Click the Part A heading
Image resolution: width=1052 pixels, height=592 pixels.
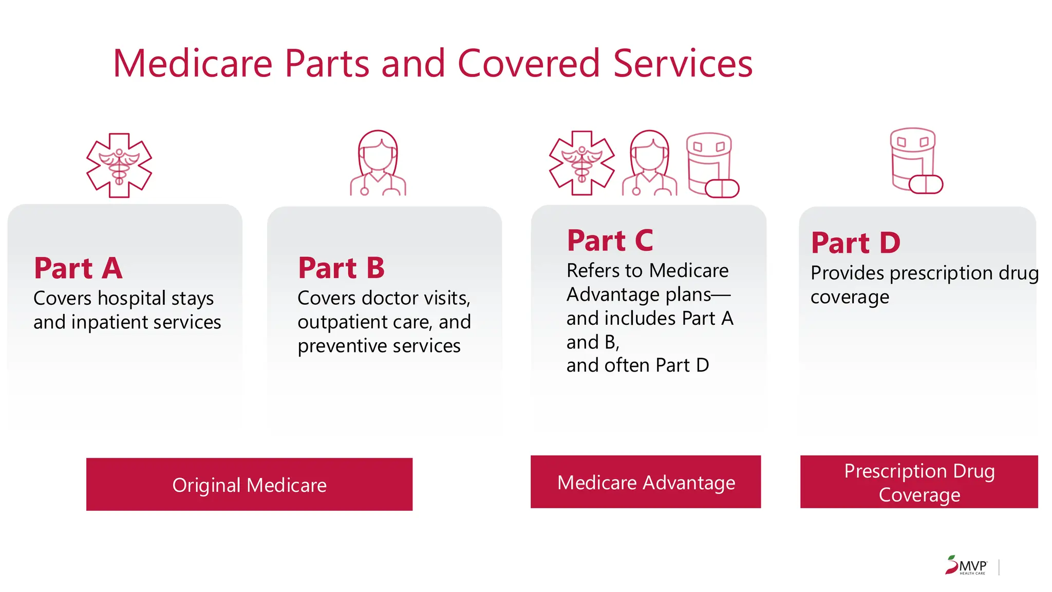pos(78,268)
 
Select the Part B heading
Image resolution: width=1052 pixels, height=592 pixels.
pos(341,268)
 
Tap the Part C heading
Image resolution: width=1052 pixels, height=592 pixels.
pos(610,240)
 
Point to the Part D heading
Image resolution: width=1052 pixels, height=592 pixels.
pos(855,243)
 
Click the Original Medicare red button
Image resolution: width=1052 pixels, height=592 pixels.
pos(249,484)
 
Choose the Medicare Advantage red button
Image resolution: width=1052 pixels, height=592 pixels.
pos(646,482)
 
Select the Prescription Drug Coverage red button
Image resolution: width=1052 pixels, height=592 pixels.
pos(919,482)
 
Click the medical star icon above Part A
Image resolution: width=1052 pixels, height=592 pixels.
pos(119,165)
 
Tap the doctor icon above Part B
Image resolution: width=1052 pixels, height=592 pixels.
pos(378,163)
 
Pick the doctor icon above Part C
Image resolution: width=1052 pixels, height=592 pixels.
pos(650,163)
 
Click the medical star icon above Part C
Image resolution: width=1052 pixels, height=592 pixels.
pos(582,163)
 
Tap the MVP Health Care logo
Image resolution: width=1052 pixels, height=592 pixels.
pos(966,566)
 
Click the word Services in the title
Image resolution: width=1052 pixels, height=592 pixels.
pos(683,64)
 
